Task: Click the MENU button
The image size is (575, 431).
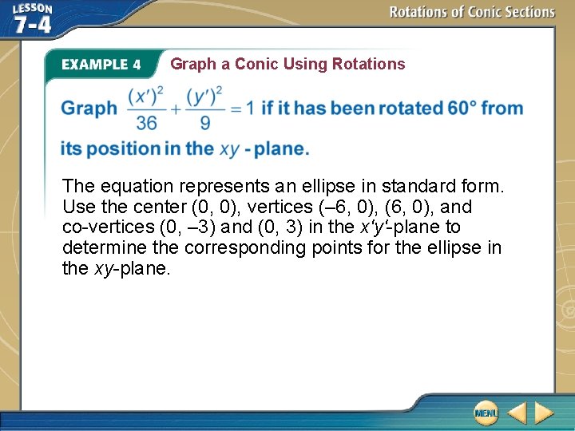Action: [486, 413]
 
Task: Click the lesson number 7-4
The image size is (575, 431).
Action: [32, 24]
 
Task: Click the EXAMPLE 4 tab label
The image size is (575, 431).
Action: [101, 65]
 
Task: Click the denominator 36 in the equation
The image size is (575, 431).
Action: [146, 123]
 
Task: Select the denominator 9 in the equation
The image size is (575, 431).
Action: [206, 123]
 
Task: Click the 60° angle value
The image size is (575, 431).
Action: [462, 108]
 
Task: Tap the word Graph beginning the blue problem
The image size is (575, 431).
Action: [89, 108]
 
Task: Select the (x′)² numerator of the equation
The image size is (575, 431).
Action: [146, 95]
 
